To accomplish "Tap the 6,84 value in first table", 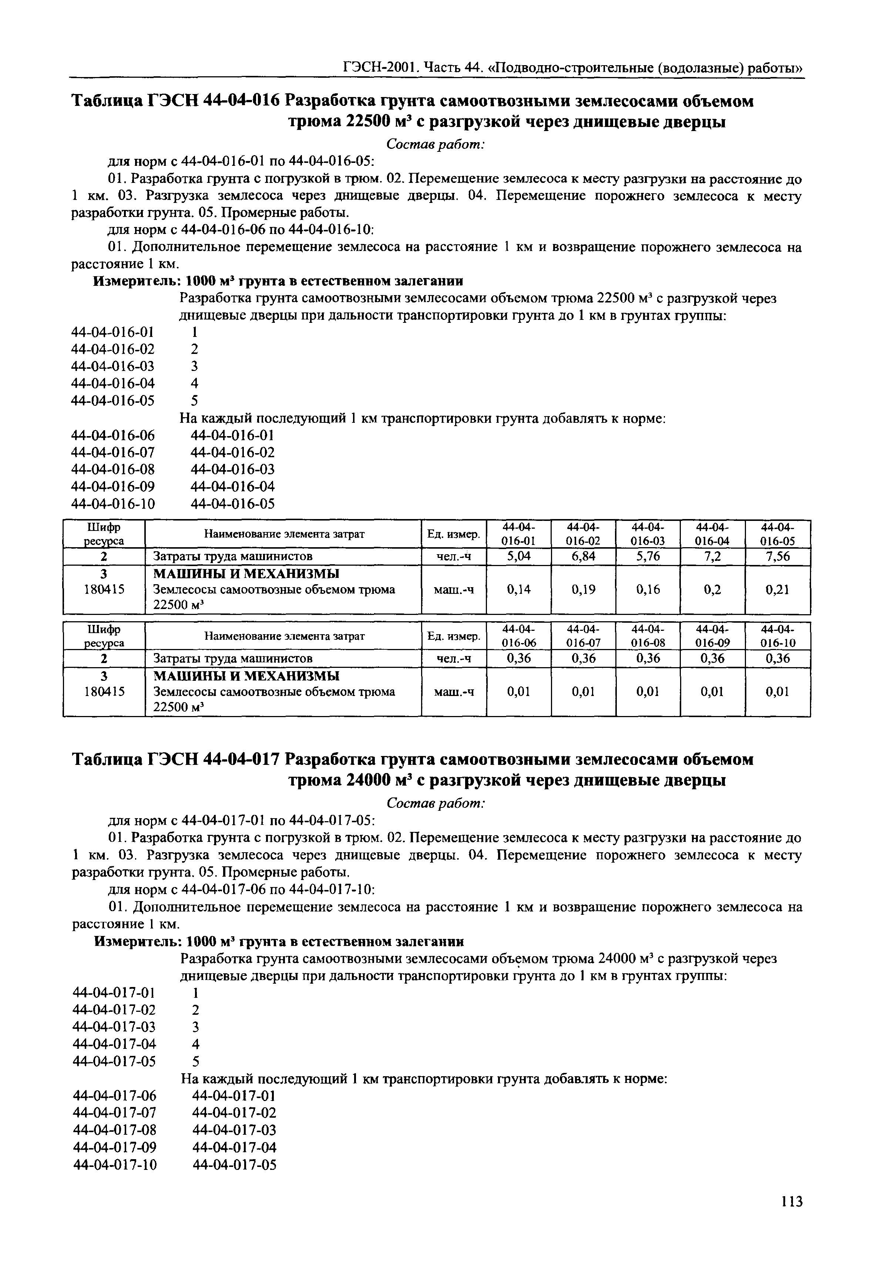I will (583, 557).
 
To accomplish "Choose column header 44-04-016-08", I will (648, 636).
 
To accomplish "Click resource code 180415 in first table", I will (104, 590).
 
